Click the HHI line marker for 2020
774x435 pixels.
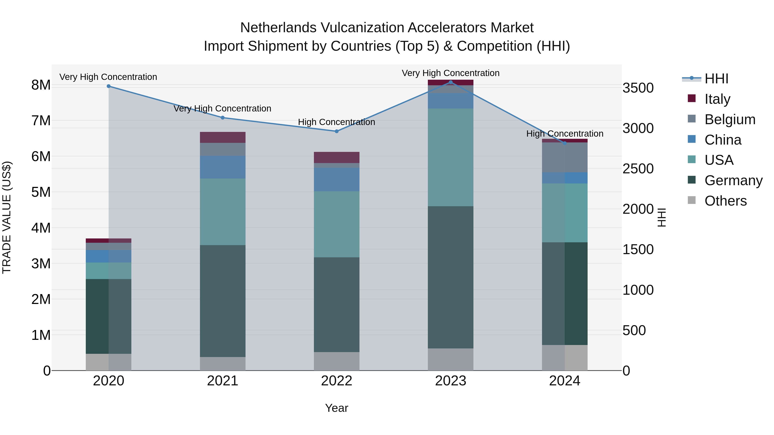tap(109, 86)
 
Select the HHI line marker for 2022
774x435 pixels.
tap(336, 131)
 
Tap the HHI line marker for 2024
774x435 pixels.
tap(565, 143)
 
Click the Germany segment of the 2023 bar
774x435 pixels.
tap(450, 277)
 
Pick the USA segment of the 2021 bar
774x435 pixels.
tap(223, 212)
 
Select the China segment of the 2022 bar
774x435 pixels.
tap(336, 180)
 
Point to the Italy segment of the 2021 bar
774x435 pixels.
tap(223, 137)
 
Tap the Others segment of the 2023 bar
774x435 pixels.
tap(450, 359)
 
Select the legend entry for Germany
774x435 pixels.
tap(733, 180)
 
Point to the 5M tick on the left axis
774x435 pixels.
tap(41, 192)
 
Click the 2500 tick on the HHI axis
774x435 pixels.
tap(638, 169)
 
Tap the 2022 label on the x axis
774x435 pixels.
tap(336, 381)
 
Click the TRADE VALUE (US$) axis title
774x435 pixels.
tap(7, 217)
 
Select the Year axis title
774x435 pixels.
tap(336, 408)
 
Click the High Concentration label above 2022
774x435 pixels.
tap(336, 122)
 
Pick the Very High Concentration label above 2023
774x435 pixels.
tap(450, 73)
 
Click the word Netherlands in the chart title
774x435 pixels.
tap(278, 28)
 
